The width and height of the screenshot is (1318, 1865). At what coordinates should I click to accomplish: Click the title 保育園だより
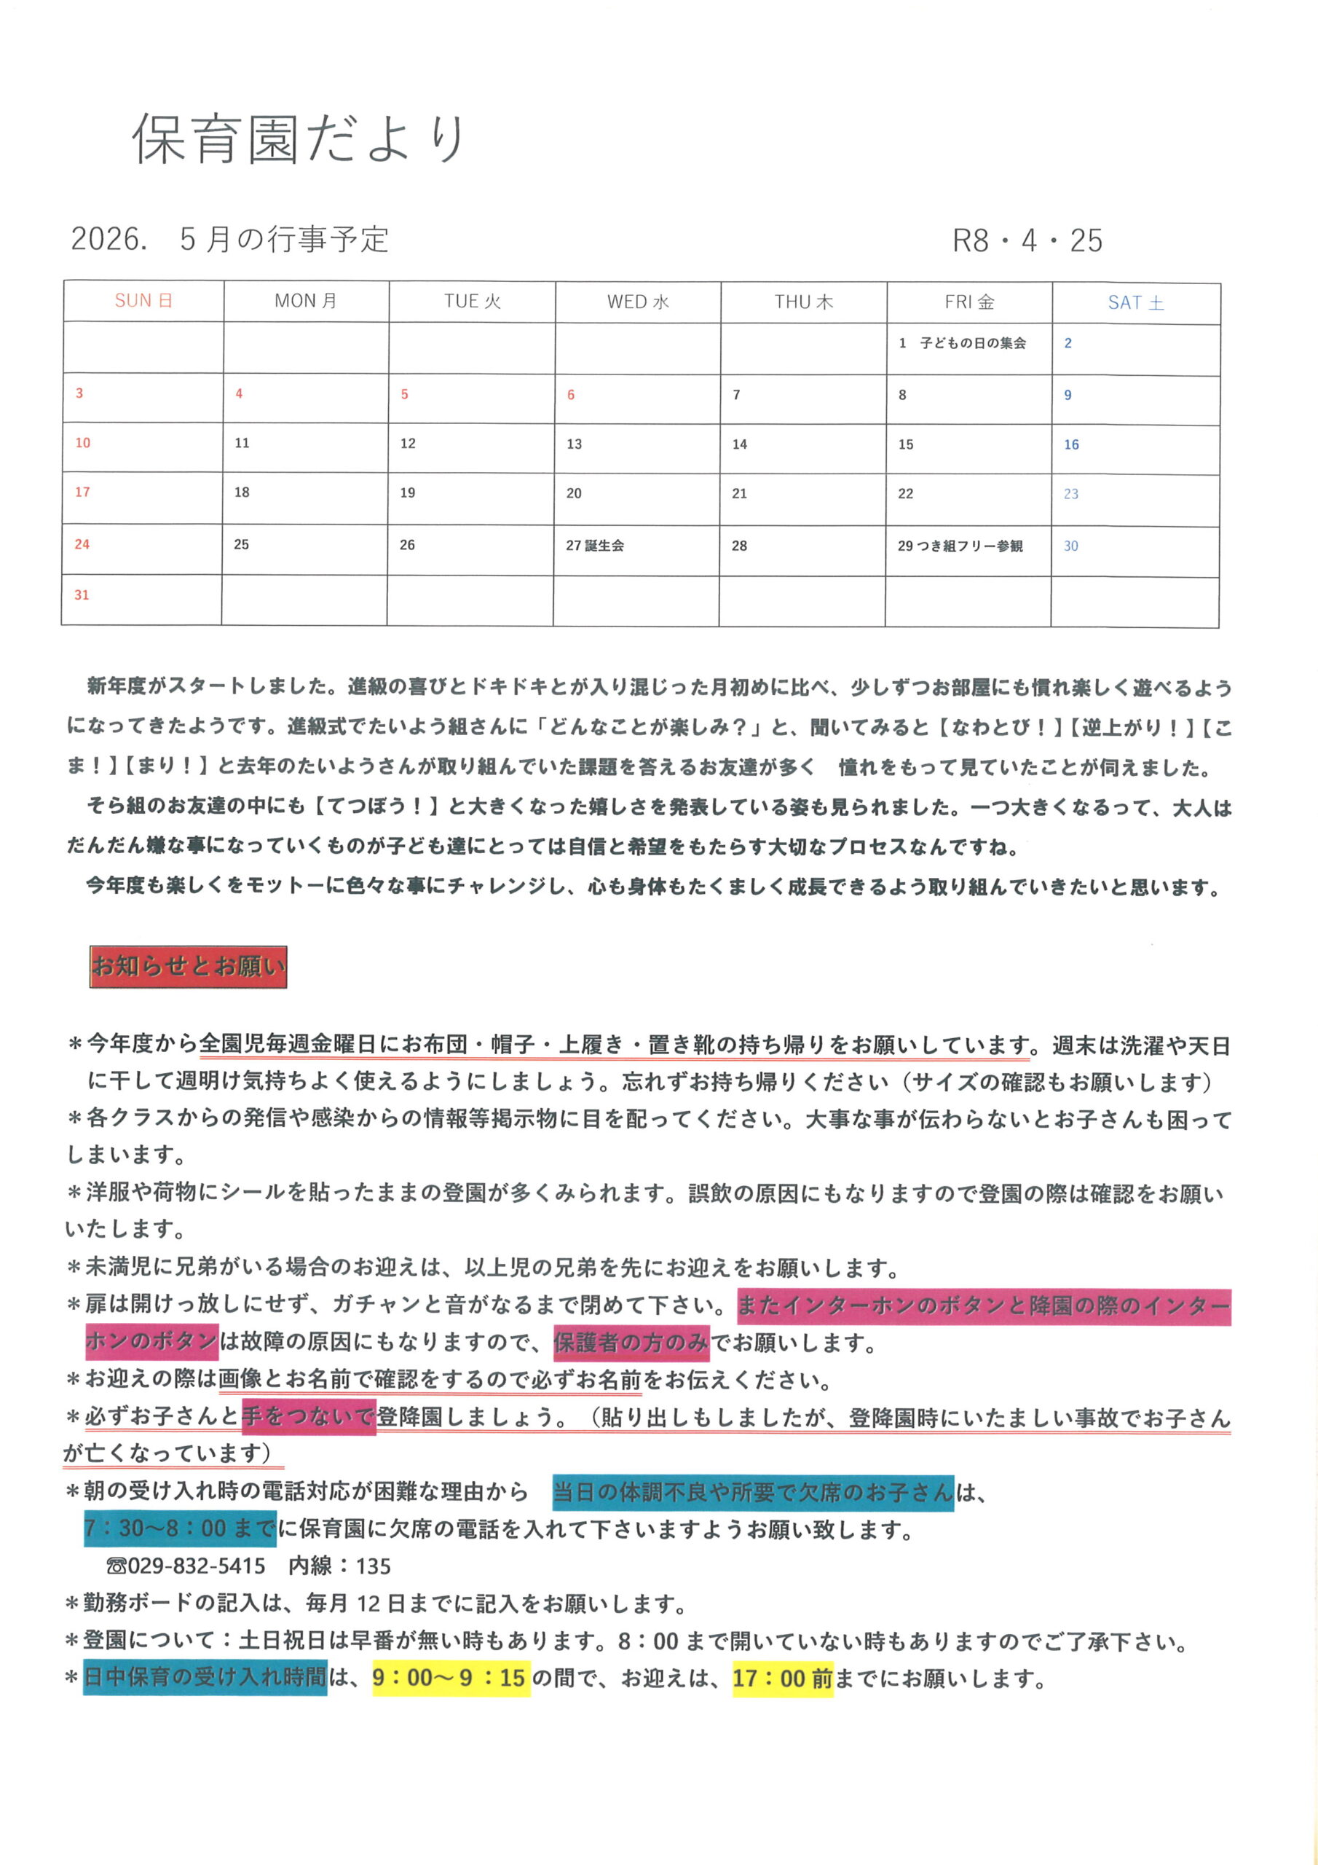click(298, 139)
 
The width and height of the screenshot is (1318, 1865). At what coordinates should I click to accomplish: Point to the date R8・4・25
click(1027, 240)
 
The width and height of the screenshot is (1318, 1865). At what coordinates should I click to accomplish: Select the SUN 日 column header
click(143, 302)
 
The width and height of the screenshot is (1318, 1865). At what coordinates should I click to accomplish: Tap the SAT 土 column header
click(1135, 303)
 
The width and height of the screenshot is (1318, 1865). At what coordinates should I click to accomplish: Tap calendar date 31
click(82, 595)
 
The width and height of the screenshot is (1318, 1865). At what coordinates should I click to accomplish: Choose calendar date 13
click(574, 444)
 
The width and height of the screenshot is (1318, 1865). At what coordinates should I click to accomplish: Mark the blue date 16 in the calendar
click(1071, 445)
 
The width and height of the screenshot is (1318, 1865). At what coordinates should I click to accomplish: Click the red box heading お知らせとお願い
click(189, 967)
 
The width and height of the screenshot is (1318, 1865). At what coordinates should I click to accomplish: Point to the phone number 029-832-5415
click(196, 1566)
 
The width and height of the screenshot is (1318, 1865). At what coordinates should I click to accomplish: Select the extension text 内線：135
click(339, 1566)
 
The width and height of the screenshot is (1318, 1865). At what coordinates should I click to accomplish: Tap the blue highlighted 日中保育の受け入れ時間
click(205, 1677)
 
